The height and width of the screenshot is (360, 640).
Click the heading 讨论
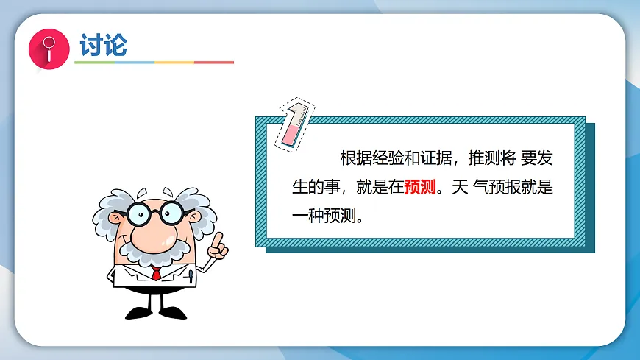coord(103,45)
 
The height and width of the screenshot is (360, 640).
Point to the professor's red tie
coord(156,273)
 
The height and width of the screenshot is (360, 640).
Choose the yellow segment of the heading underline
coord(174,63)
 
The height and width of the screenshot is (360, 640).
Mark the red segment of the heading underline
coord(214,63)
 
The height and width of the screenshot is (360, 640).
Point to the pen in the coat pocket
coord(191,278)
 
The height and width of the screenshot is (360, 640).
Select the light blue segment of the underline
coord(134,63)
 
